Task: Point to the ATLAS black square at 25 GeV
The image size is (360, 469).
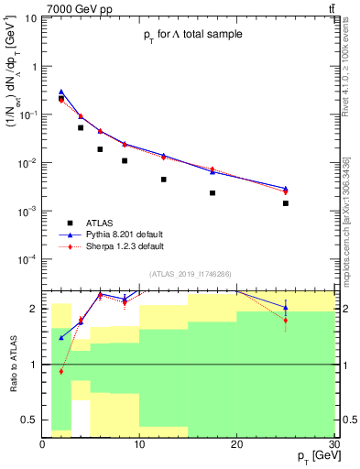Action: (286, 203)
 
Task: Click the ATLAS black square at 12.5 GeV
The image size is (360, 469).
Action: (164, 180)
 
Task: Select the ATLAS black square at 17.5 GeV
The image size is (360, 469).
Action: (213, 193)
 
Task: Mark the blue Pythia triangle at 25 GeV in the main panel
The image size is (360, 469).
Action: (286, 189)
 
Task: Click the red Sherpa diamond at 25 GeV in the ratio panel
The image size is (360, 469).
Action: (286, 321)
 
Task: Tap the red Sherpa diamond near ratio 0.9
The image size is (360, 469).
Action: (61, 371)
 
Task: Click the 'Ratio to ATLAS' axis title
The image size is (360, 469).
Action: (12, 364)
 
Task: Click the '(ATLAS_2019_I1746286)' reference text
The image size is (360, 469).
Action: (190, 274)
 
